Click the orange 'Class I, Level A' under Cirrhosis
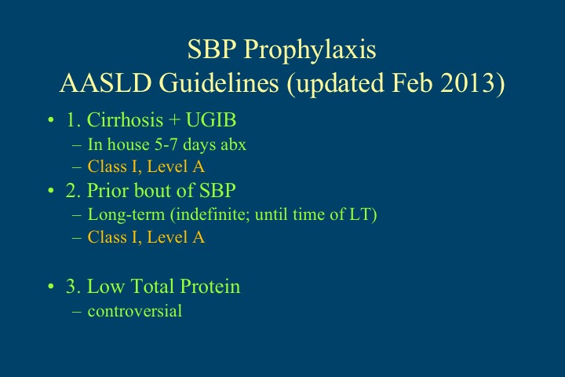pyautogui.click(x=146, y=166)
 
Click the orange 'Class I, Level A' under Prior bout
pyautogui.click(x=146, y=237)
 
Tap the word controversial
pyautogui.click(x=134, y=311)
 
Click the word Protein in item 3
pyautogui.click(x=212, y=287)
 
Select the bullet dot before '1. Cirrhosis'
pyautogui.click(x=51, y=121)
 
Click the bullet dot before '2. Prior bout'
pyautogui.click(x=51, y=192)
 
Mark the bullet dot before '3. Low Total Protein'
pyautogui.click(x=51, y=287)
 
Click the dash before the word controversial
pyautogui.click(x=76, y=311)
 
